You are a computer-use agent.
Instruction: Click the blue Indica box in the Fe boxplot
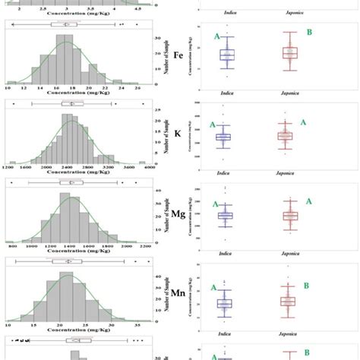pyautogui.click(x=227, y=55)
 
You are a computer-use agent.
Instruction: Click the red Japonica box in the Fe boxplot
pyautogui.click(x=287, y=53)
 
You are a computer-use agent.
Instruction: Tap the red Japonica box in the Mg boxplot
pyautogui.click(x=288, y=216)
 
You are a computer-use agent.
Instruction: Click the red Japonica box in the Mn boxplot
pyautogui.click(x=287, y=302)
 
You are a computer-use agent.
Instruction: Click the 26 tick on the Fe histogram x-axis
pyautogui.click(x=137, y=89)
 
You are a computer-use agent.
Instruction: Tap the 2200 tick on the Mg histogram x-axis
pyautogui.click(x=146, y=246)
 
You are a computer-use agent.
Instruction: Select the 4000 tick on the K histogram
pyautogui.click(x=147, y=164)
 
